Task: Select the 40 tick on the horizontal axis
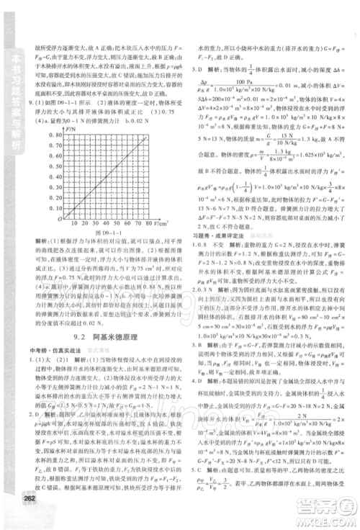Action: [111, 217]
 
